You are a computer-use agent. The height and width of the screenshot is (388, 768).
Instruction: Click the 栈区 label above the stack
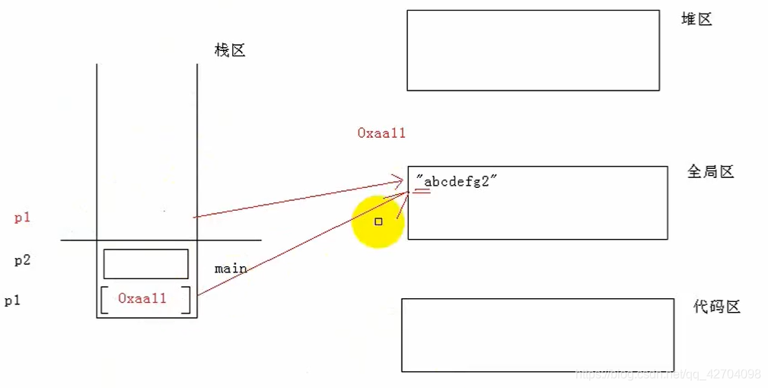click(230, 51)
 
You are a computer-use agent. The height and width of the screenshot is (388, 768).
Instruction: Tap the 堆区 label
click(696, 19)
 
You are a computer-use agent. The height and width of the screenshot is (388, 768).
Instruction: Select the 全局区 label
click(710, 172)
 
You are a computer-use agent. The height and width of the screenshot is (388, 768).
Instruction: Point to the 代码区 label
click(716, 307)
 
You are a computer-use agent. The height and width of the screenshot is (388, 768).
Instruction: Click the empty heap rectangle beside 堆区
click(533, 50)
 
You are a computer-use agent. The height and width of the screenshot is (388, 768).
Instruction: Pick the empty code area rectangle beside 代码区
click(537, 335)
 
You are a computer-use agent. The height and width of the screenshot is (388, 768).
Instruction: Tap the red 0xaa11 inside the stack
click(142, 299)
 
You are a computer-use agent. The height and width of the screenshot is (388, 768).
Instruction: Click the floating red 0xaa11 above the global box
click(381, 133)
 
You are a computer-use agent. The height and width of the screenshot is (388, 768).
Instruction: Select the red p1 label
click(23, 218)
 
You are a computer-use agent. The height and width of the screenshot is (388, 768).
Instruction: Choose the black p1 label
click(12, 301)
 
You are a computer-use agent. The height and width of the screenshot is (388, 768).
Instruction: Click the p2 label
click(23, 260)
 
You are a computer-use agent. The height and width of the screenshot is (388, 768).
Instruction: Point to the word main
click(231, 268)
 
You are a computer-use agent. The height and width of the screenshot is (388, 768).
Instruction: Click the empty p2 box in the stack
click(145, 263)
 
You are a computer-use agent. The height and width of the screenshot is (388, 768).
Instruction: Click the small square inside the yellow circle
click(378, 221)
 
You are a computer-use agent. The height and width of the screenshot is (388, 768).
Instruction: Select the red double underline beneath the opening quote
click(422, 192)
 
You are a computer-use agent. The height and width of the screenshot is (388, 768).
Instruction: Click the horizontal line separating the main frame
click(161, 240)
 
